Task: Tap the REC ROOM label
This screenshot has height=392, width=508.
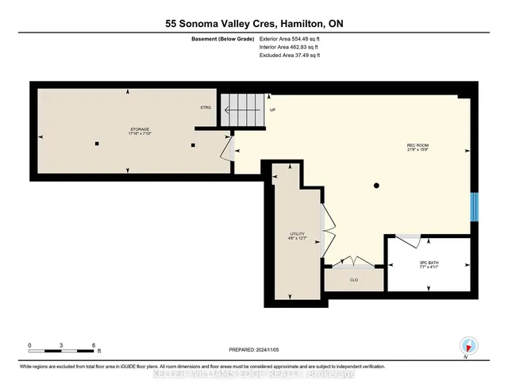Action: coord(418,145)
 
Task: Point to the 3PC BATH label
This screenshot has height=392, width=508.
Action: coord(428,262)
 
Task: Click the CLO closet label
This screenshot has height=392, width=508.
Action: coord(354,279)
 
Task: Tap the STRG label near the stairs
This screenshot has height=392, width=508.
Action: coord(205,108)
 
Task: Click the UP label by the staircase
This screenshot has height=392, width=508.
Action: coord(273,110)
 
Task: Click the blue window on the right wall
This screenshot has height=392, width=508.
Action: coord(474,208)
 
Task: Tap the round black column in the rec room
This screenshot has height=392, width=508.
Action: coord(376,186)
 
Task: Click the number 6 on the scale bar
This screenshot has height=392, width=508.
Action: coord(94,346)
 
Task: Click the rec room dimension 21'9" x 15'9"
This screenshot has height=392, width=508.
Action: coord(418,151)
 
